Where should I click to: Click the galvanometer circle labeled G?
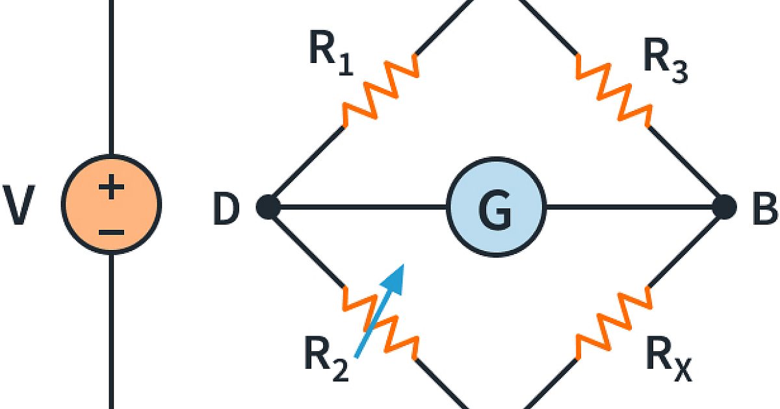tap(495, 207)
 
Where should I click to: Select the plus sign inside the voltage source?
tap(111, 189)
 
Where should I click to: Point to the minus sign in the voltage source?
tap(111, 230)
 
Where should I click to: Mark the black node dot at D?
tap(268, 207)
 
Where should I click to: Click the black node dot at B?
tap(723, 207)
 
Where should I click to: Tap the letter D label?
tap(226, 208)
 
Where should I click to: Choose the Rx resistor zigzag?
tap(612, 324)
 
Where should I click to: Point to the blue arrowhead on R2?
tap(395, 276)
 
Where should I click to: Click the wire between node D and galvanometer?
tap(357, 207)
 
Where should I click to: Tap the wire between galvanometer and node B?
tap(630, 207)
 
